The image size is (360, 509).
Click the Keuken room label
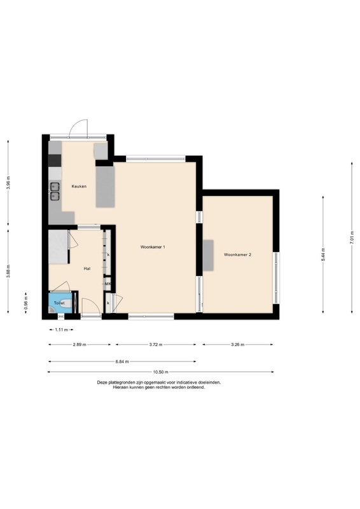79,186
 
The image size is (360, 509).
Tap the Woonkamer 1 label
153,247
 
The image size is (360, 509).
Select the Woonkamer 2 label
238,255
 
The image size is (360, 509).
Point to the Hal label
87,268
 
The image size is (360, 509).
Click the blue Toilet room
60,303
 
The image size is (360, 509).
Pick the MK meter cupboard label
108,284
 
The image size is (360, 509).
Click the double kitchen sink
54,192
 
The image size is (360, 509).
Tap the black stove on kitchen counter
55,160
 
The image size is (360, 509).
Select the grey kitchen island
105,186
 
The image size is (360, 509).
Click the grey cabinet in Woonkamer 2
208,256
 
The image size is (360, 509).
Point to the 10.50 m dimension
161,372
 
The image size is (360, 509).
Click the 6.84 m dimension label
122,361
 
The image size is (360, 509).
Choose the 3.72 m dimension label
156,345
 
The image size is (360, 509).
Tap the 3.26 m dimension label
238,345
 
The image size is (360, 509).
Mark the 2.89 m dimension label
80,345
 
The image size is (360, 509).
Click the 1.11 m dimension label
61,330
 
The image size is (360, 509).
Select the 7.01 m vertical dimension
352,237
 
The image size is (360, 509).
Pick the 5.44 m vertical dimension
323,254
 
